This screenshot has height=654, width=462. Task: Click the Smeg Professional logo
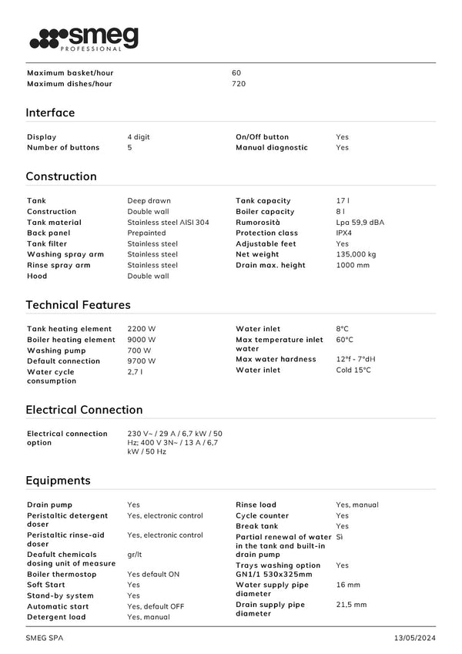coord(84,39)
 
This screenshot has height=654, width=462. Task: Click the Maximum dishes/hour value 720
coord(239,84)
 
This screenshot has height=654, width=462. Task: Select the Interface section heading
coord(50,112)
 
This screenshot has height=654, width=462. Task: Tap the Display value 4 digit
coord(139,137)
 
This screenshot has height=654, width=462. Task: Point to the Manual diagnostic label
coord(271,148)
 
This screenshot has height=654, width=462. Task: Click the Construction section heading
coord(61,176)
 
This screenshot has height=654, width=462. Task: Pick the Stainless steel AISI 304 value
coord(168,223)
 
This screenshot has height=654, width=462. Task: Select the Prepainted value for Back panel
coord(146,233)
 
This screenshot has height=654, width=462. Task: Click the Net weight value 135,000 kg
coord(356,255)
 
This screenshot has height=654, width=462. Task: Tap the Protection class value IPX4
coord(346,233)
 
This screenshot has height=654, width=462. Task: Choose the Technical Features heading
coord(78,305)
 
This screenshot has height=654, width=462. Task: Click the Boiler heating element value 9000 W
coord(141,340)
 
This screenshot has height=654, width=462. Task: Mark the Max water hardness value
coord(356,360)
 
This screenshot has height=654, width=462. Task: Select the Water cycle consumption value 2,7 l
coord(135,372)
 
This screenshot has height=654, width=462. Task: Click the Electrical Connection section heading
coord(84,410)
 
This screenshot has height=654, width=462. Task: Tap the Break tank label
coord(256,527)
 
